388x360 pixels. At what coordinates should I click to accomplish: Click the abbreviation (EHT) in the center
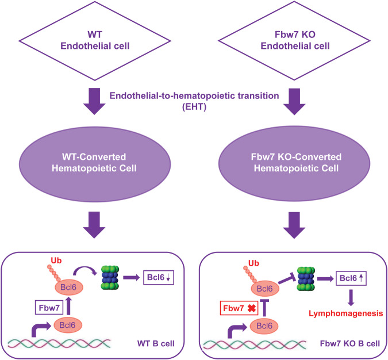[x=194, y=107]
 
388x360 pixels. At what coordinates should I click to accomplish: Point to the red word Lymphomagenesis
[x=345, y=313]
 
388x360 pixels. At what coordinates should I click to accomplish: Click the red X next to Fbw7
[x=252, y=308]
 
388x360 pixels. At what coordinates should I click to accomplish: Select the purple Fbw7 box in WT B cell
[x=49, y=308]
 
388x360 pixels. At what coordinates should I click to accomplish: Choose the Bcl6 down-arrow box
[x=159, y=278]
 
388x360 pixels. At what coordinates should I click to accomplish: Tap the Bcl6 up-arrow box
[x=351, y=278]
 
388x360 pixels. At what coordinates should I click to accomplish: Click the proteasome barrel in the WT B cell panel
[x=110, y=278]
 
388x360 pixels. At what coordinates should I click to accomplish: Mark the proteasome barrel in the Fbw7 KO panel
[x=306, y=279]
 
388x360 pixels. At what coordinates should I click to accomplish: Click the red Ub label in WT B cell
[x=56, y=261]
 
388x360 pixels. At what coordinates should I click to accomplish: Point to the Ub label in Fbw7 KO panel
[x=253, y=263]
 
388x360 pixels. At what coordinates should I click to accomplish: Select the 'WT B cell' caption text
[x=156, y=343]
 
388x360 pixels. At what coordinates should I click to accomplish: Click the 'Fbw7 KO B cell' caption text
[x=350, y=343]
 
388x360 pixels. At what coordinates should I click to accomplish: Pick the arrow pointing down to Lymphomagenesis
[x=351, y=298]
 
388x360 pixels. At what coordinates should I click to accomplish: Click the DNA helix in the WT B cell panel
[x=59, y=344]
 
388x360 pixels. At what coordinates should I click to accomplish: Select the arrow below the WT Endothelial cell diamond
[x=94, y=101]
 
